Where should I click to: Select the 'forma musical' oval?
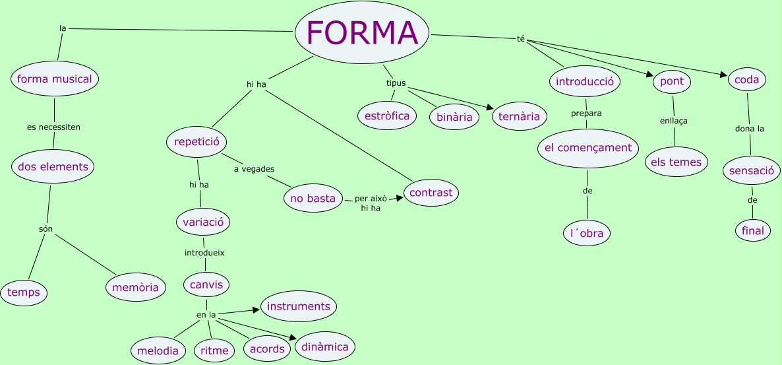tap(55, 79)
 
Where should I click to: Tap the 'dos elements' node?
tap(53, 167)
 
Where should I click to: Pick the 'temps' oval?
tap(24, 292)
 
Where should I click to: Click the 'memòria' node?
tap(135, 287)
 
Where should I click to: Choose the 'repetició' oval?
tap(196, 141)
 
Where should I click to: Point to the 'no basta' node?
tap(313, 198)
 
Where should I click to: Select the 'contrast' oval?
tap(431, 193)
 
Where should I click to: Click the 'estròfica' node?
tap(387, 116)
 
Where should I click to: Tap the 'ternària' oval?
tap(520, 117)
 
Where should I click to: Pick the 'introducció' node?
tap(585, 82)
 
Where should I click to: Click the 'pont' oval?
tap(672, 82)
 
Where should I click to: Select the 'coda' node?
tap(746, 81)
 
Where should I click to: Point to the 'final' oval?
tap(752, 230)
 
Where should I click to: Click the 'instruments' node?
tap(299, 306)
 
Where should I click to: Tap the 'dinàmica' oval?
tap(325, 347)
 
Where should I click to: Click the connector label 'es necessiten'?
tap(53, 127)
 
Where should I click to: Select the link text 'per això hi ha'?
tap(371, 203)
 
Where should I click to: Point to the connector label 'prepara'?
tap(586, 113)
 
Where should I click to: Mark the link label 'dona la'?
tap(750, 129)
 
